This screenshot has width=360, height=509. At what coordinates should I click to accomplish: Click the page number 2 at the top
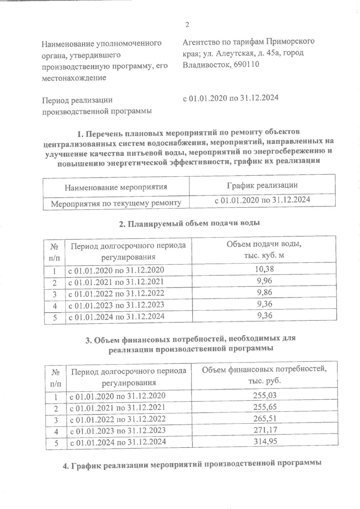(x=187, y=25)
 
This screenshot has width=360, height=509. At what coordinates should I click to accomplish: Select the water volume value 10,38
(x=264, y=269)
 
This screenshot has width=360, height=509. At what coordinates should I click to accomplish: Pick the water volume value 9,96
(x=264, y=281)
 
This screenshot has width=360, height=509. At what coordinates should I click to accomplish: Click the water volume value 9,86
(x=264, y=292)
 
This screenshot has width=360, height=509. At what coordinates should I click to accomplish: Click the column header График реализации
(x=262, y=185)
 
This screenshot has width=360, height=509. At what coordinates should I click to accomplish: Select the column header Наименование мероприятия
(x=116, y=187)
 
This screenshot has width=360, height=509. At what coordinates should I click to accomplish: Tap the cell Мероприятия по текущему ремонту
(x=116, y=204)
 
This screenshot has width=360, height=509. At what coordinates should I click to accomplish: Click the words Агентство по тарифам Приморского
(x=248, y=41)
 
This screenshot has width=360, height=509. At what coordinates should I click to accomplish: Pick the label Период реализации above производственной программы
(x=77, y=100)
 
